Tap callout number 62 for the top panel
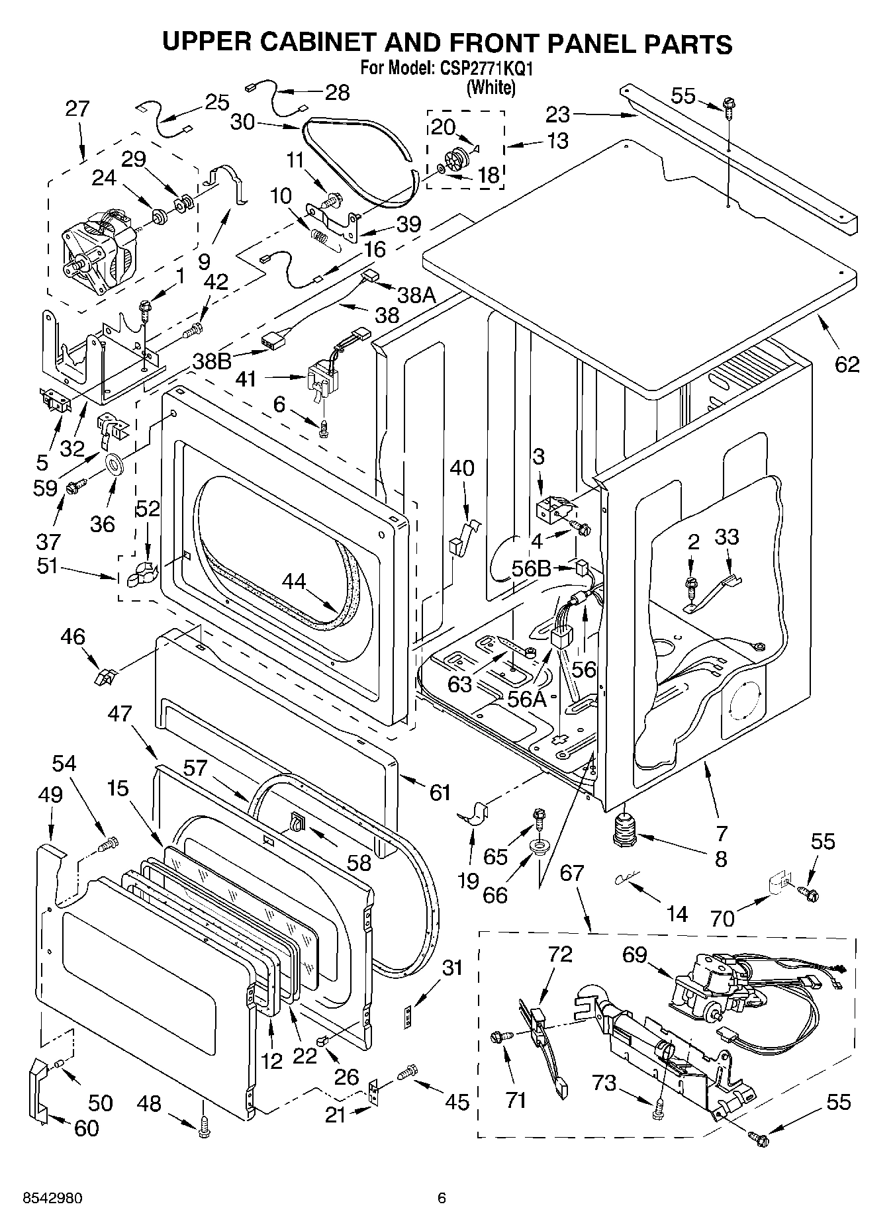[x=847, y=363]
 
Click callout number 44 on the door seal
[x=294, y=581]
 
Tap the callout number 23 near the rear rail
[x=557, y=114]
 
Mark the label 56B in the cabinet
[x=531, y=568]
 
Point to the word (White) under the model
[x=491, y=87]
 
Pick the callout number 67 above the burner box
[x=572, y=873]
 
